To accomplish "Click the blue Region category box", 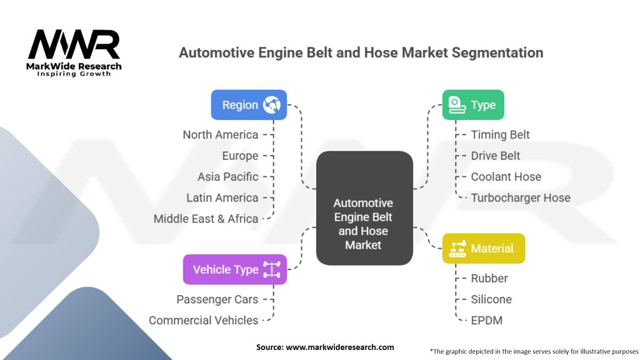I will click(249, 105).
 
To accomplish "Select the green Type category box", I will click(473, 105).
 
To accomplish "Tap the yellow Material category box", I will click(483, 248).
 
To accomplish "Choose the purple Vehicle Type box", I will click(234, 269).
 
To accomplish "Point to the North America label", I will click(220, 134).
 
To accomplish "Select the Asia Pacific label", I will click(227, 177).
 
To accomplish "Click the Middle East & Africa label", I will click(206, 219).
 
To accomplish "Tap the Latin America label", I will click(222, 197).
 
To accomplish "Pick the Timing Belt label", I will click(500, 134).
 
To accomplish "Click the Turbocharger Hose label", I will click(521, 197).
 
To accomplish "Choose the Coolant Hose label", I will click(506, 177).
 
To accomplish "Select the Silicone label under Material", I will click(491, 299).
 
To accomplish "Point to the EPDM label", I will click(486, 320).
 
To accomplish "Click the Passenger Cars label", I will click(217, 299).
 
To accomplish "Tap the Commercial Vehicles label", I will click(203, 320).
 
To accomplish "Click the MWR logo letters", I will click(74, 45).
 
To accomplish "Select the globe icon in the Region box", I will click(272, 105).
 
